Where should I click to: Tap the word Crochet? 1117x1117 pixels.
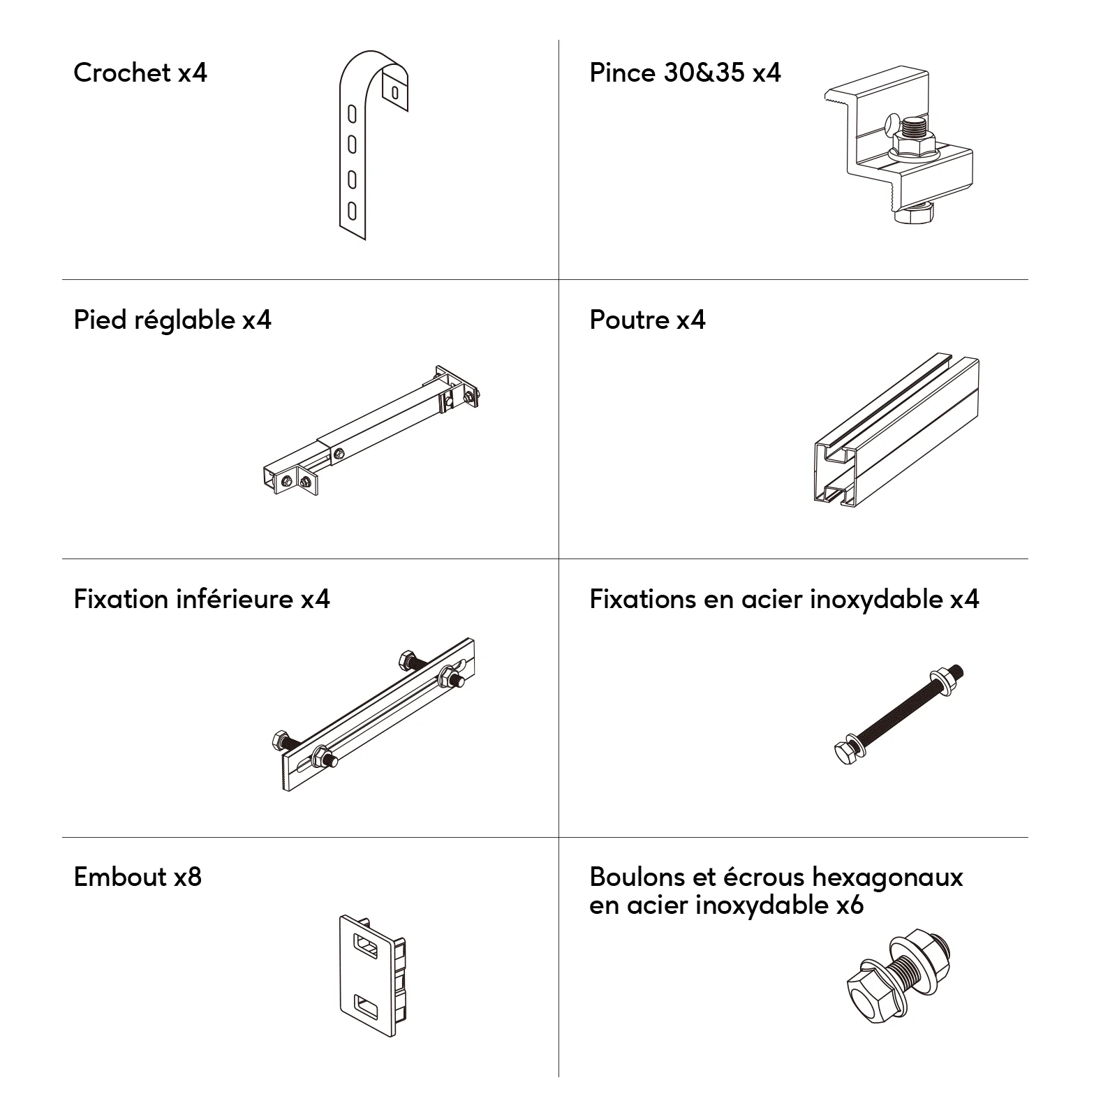point(122,73)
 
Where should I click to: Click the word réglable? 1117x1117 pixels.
point(184,320)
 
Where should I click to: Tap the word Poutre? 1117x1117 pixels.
point(629,320)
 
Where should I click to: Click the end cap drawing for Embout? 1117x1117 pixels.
point(373,975)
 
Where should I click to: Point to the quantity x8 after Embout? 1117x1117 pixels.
point(188,877)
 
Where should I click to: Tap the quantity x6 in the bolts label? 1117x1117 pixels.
point(850,905)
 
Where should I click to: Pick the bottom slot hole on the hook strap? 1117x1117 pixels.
point(353,210)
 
